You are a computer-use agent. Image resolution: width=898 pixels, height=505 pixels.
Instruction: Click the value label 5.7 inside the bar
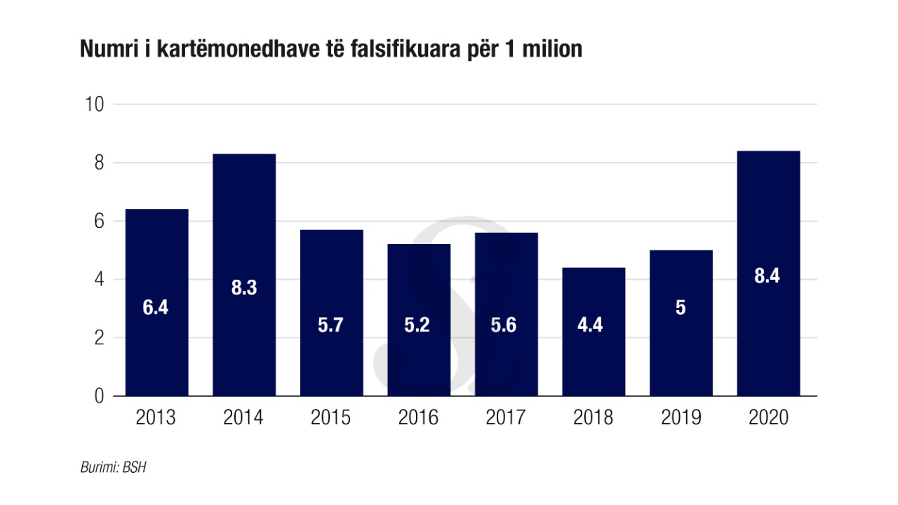[x=330, y=325]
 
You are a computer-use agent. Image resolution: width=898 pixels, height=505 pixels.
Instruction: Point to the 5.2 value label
[x=419, y=325]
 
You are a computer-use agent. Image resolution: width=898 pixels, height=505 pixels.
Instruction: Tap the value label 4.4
[x=594, y=325]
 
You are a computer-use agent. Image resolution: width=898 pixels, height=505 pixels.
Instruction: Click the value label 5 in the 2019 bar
[x=681, y=308]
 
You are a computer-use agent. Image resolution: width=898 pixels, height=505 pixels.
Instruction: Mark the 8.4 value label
[x=768, y=276]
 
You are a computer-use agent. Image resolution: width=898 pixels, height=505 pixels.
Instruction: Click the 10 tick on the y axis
[x=94, y=105]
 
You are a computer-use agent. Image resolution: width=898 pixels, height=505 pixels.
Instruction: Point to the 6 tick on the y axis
[x=98, y=221]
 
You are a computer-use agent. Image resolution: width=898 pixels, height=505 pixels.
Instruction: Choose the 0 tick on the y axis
[x=98, y=396]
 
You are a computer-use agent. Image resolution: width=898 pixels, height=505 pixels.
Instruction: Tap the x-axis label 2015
[x=330, y=418]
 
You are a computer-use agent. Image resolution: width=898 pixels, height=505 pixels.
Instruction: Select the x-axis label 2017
[x=506, y=418]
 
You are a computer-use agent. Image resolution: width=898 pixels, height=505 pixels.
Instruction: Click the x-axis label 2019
[x=681, y=418]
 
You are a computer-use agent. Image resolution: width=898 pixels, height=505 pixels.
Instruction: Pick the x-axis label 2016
[x=418, y=418]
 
